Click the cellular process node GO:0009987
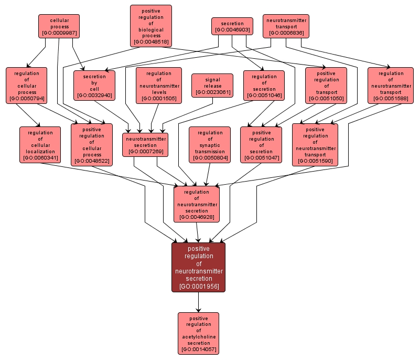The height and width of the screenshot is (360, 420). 59,26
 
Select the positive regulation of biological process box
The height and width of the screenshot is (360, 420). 151,25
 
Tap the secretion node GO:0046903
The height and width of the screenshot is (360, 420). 232,26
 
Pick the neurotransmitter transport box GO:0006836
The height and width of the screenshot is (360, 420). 286,26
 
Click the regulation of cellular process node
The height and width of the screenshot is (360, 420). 26,84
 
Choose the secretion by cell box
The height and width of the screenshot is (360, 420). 94,84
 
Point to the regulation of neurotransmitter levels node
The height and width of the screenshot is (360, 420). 159,84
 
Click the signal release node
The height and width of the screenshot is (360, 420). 212,86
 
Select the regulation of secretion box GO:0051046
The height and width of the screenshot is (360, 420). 264,84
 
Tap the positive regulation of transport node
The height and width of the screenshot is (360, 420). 326,85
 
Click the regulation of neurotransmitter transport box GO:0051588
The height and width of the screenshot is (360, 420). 391,84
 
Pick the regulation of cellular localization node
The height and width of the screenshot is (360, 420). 40,144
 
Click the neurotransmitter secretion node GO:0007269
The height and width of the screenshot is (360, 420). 145,144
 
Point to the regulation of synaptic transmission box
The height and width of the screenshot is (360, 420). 210,144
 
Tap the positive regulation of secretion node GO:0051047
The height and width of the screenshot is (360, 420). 261,144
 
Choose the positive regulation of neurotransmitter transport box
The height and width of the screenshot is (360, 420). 315,144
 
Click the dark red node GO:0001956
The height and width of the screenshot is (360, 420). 199,267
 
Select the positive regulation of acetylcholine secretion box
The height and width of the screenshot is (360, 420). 198,333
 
